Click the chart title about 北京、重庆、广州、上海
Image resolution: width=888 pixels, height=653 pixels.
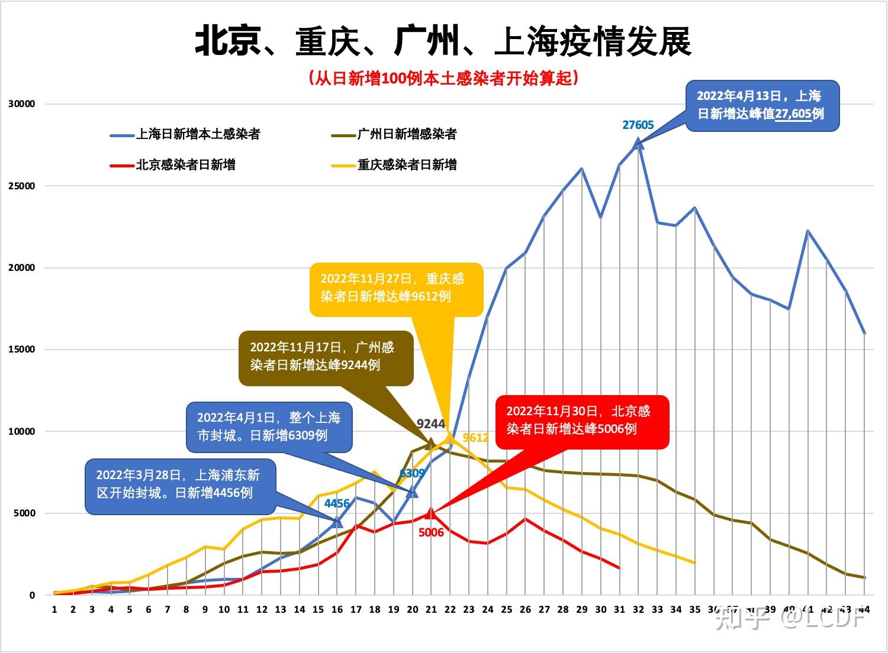click(x=443, y=41)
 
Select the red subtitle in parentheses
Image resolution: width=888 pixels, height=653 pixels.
click(x=443, y=78)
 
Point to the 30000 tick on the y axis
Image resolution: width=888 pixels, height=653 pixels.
click(x=22, y=104)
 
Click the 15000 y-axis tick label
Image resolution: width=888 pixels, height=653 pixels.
click(x=22, y=350)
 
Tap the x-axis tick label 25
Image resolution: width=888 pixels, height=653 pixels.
click(x=506, y=609)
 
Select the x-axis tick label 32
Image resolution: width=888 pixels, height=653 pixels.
click(x=638, y=609)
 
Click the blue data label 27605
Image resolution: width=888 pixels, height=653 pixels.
click(x=638, y=125)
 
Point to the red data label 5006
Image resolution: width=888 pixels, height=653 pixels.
click(x=431, y=532)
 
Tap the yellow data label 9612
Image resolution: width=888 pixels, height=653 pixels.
click(x=475, y=438)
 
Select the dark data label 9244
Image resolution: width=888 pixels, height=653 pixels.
click(x=430, y=424)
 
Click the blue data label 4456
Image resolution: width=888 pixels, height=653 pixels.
click(x=337, y=503)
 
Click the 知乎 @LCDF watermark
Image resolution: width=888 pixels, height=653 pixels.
click(x=792, y=619)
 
